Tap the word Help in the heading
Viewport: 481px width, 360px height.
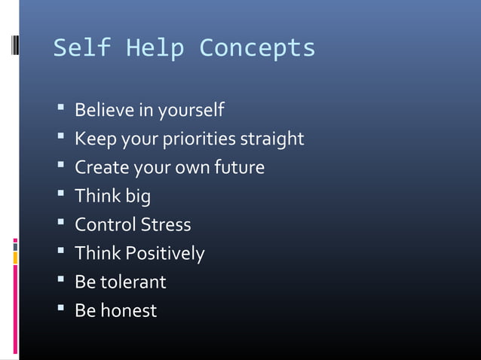[x=155, y=49]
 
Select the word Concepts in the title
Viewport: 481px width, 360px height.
[x=257, y=49]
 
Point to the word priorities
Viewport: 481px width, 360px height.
[x=203, y=140]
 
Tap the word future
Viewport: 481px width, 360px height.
[x=242, y=167]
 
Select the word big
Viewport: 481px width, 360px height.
[x=137, y=197]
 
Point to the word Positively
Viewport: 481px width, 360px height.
[x=164, y=254]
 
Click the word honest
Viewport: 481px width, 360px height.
[x=128, y=310]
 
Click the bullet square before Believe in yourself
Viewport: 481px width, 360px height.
[x=60, y=110]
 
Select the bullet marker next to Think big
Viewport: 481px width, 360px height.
[x=60, y=196]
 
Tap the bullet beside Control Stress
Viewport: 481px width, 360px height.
[x=60, y=224]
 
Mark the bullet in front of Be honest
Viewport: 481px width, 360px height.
[x=60, y=310]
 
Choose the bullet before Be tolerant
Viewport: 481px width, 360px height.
[x=60, y=281]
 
